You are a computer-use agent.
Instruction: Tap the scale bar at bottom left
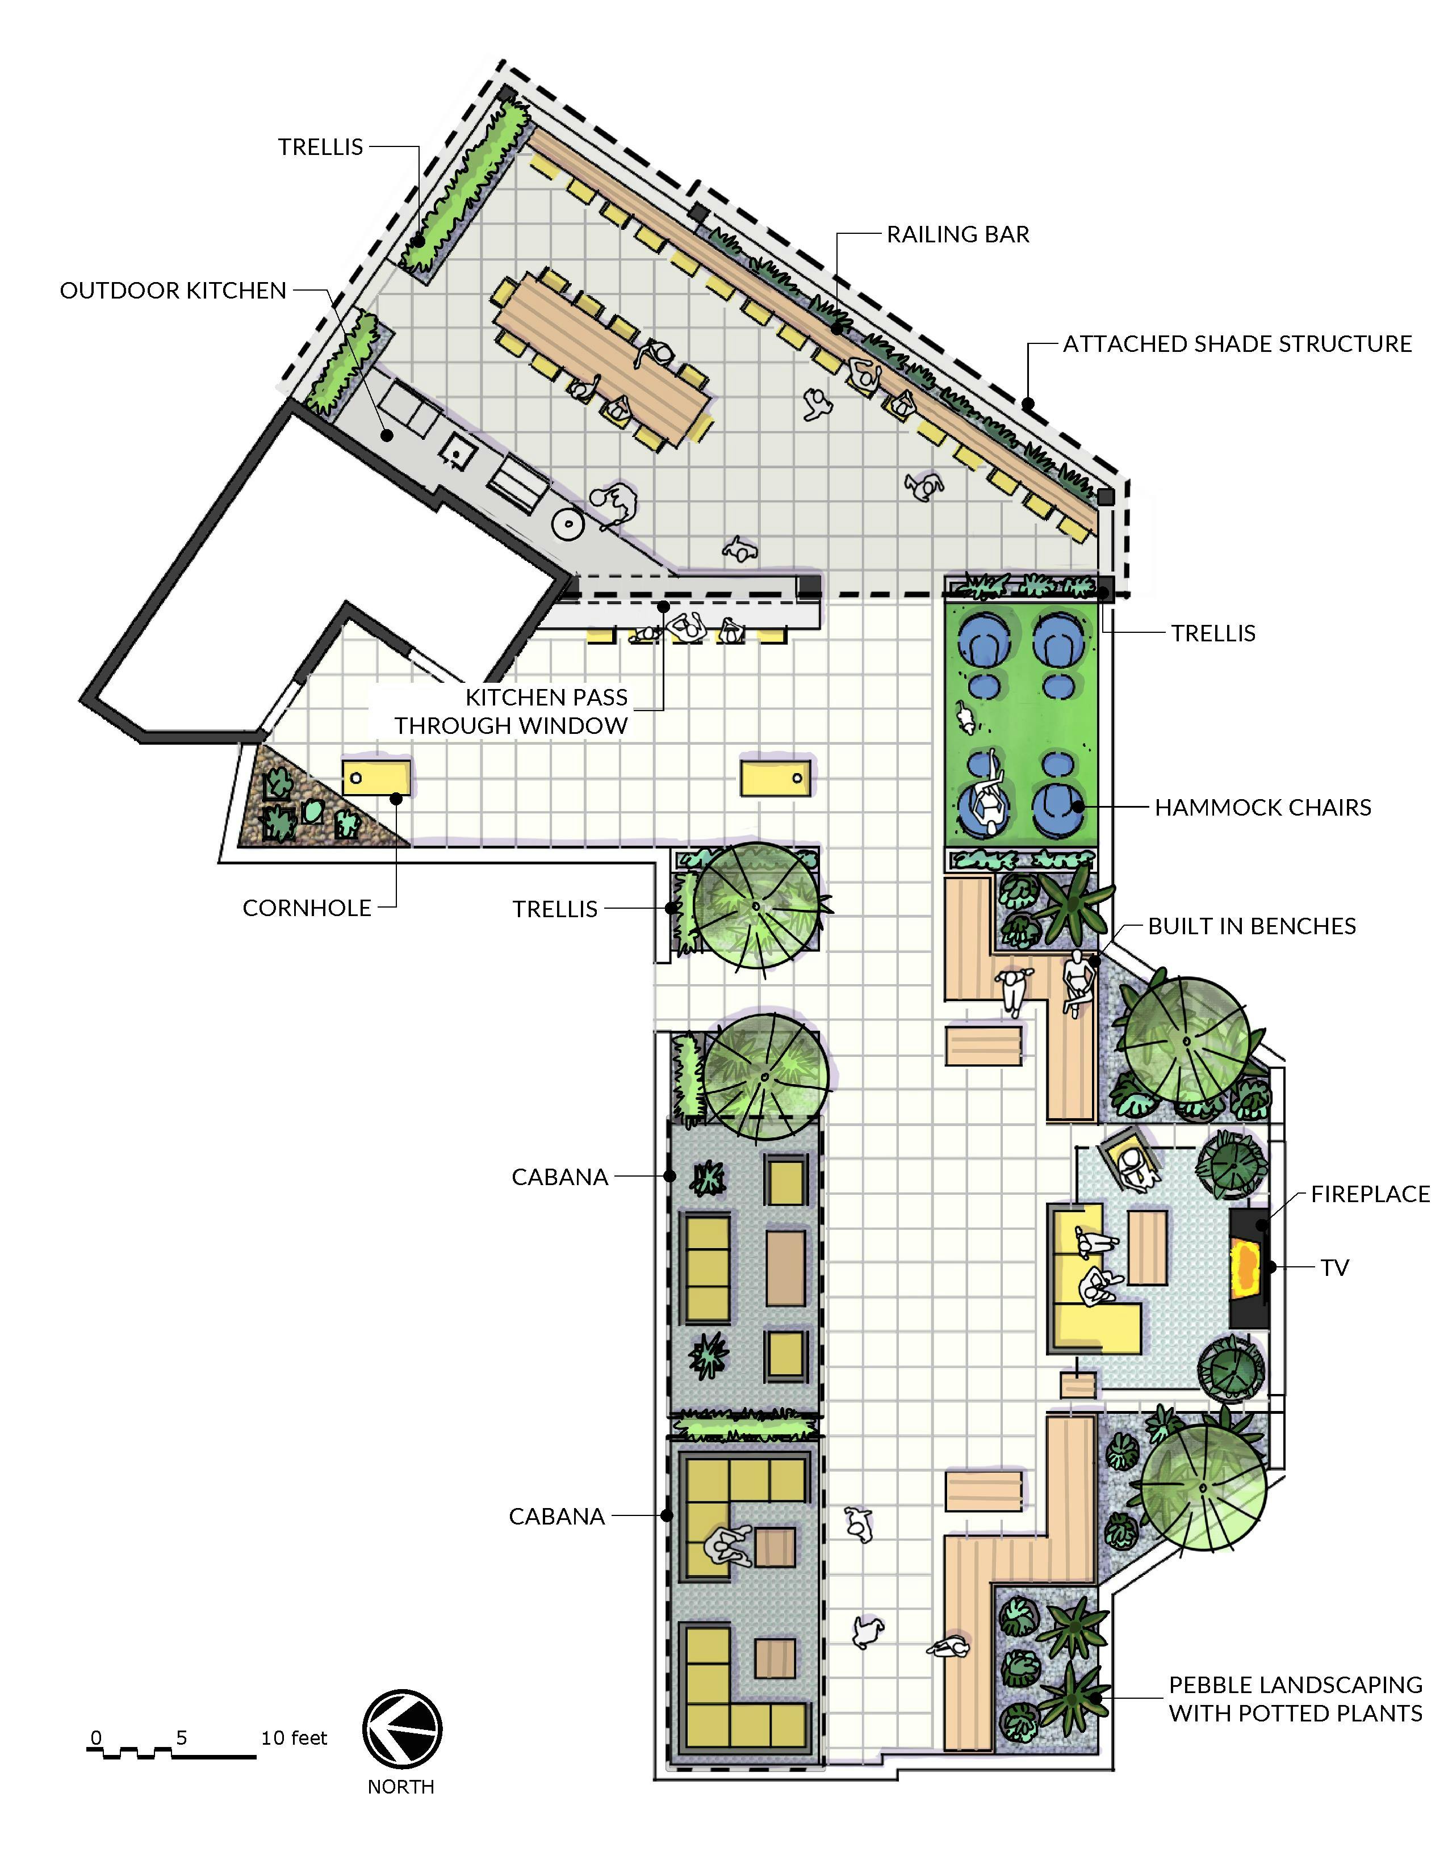point(171,1753)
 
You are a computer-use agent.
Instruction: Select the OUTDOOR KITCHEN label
point(173,291)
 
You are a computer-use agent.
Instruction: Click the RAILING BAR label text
point(958,234)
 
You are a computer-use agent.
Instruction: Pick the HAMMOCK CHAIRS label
point(1263,807)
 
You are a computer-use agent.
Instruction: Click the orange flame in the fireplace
point(1245,1267)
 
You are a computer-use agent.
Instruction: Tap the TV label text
point(1335,1267)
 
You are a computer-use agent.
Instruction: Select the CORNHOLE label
point(307,908)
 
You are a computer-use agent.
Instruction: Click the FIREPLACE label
point(1370,1194)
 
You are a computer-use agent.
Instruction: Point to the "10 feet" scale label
point(294,1737)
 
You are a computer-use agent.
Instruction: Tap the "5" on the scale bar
point(181,1737)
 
